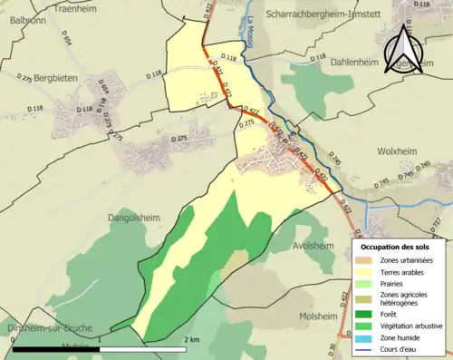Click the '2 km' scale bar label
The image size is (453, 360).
pos(191,339)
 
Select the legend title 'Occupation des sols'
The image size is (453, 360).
pos(400,246)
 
